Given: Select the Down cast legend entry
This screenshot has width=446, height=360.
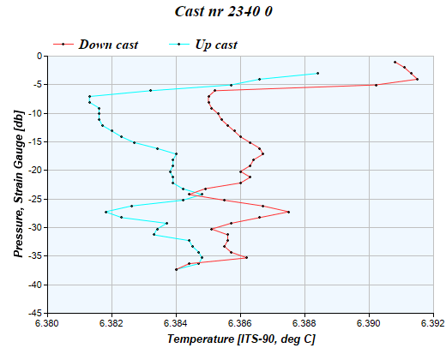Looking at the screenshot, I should click(108, 44).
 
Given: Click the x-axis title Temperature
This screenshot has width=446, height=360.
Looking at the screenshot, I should click(241, 340).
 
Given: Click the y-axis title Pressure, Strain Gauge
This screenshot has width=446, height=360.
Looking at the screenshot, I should click(18, 183).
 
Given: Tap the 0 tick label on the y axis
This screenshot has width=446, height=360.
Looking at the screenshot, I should click(41, 56).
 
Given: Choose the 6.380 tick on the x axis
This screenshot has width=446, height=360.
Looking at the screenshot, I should click(47, 324).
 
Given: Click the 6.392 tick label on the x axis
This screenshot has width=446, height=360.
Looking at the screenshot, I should click(433, 324).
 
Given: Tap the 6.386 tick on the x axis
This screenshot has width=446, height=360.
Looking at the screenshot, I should click(240, 324).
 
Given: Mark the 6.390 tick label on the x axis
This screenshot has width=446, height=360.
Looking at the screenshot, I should click(369, 324).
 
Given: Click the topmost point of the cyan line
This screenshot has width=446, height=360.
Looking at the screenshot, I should click(317, 73).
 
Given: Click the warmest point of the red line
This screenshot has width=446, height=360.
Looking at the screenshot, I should click(417, 79).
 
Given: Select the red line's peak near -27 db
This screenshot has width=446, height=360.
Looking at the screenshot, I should click(288, 212).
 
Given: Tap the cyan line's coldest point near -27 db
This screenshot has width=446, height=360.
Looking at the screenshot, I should click(105, 212).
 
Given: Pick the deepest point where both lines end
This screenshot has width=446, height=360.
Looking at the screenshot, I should click(176, 269).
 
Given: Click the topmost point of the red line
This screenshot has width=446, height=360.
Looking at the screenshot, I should click(395, 62).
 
